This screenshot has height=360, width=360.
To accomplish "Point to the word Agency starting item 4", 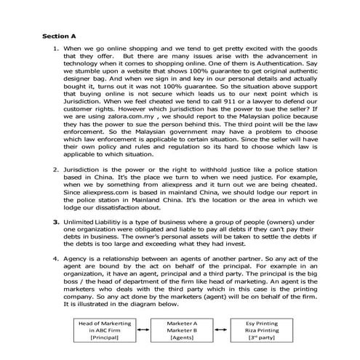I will pos(77,257).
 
